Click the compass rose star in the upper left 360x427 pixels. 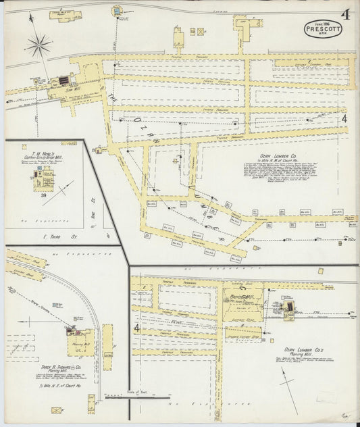tap(38, 45)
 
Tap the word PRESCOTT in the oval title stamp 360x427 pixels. tap(322, 30)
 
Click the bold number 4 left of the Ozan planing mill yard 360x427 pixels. tap(137, 329)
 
